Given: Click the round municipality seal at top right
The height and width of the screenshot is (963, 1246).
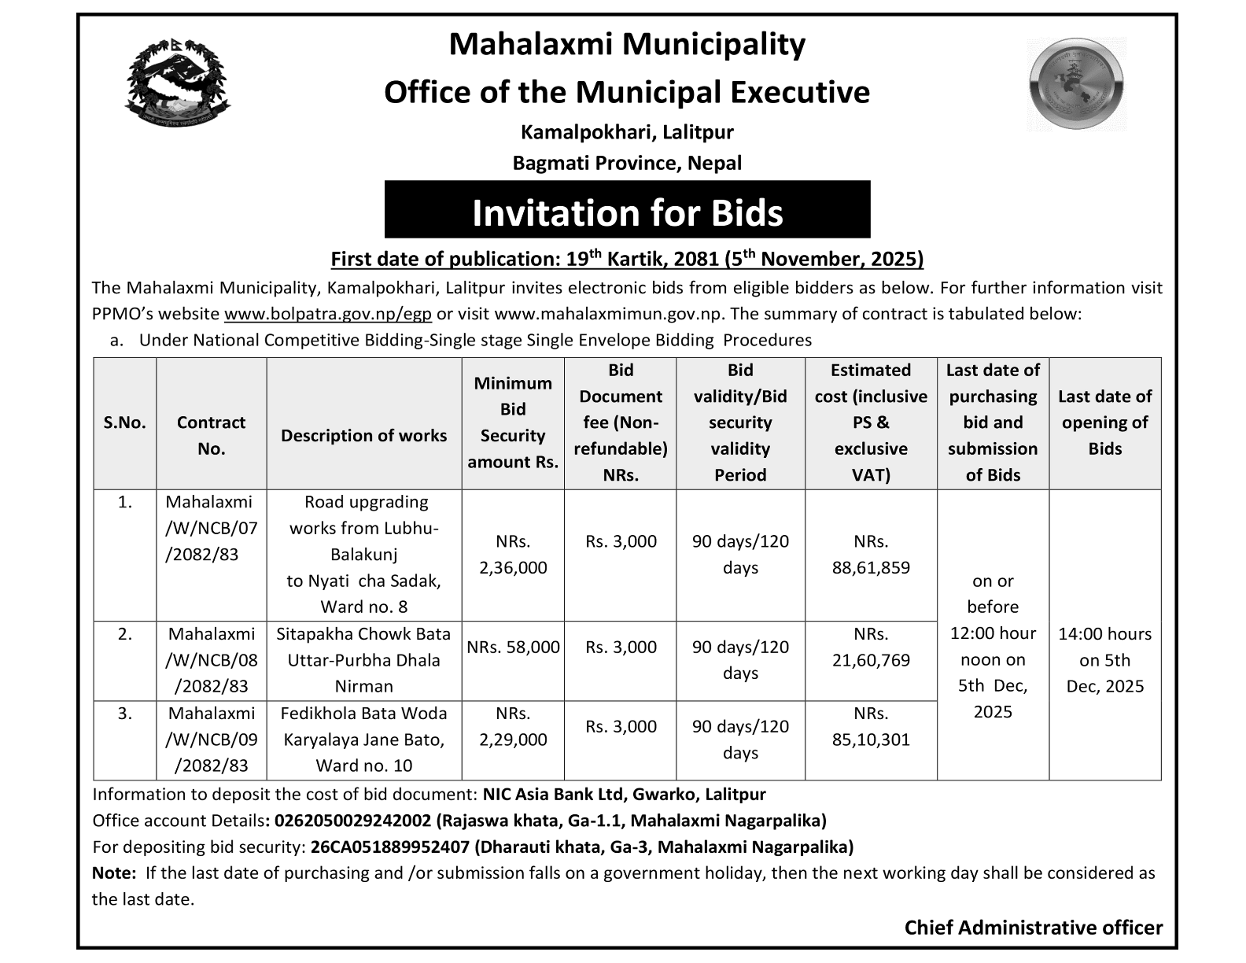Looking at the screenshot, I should pos(1076,83).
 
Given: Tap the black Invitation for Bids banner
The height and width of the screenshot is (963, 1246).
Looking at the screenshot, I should pos(627,210).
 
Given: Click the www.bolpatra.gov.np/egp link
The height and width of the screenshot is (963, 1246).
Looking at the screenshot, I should pos(328,314).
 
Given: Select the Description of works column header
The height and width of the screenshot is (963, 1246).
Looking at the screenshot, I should pos(363,436).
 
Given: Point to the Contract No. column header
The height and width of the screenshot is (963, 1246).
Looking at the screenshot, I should pos(211,435).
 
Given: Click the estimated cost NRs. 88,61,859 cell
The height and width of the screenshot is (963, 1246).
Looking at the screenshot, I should pos(871,555).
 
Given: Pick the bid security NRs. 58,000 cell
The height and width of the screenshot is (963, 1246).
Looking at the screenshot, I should pos(513,648).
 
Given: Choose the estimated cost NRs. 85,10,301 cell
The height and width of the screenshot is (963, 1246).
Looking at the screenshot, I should pos(871,726).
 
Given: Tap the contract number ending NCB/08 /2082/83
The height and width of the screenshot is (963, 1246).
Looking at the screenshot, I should pos(211,660).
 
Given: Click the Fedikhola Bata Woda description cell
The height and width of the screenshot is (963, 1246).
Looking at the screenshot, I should pos(363,739).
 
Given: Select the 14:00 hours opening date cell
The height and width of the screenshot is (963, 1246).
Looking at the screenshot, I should pos(1104,659).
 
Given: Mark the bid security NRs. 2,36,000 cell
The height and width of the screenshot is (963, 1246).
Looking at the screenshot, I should pos(513,555).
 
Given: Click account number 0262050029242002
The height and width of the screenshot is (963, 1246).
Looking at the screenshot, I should pos(351,821).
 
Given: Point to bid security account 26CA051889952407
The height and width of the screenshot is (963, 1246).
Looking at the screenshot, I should pos(391,847).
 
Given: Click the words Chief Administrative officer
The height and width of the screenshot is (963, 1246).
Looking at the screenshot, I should pos(1033,928).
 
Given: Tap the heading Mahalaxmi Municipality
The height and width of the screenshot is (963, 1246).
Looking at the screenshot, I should pos(627,45).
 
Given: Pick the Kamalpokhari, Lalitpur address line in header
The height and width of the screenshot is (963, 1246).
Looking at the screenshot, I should pos(627,131).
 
